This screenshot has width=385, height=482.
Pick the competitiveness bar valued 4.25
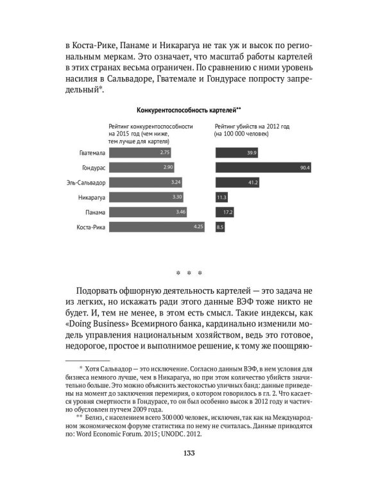[x=157, y=227]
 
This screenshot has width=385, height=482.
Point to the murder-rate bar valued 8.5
[x=220, y=227]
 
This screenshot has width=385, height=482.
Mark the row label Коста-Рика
[x=90, y=227]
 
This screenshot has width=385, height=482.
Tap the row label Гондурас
[x=92, y=168]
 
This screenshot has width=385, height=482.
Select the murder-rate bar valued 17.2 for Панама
[x=224, y=212]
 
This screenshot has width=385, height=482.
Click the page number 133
[x=193, y=454]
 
